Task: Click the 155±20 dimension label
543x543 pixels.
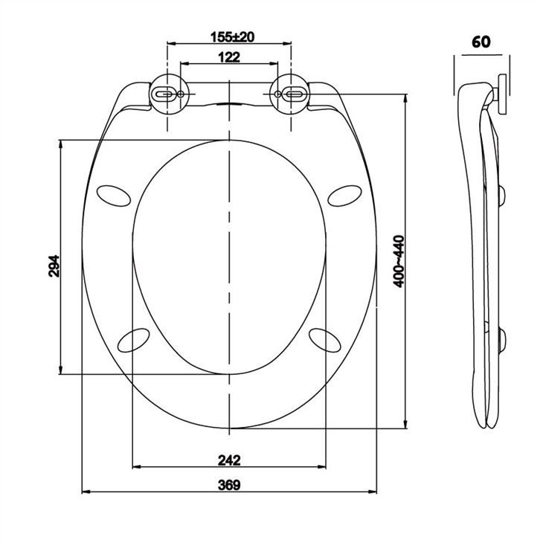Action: tap(228, 37)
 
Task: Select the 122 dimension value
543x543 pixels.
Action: tap(228, 57)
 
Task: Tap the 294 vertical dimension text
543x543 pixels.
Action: tap(53, 266)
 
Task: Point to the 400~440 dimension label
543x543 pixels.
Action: tap(399, 261)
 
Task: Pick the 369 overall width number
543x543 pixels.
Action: tap(228, 484)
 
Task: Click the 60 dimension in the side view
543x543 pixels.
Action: tap(481, 42)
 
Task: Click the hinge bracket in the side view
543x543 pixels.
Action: tap(501, 93)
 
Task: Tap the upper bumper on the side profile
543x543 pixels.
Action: tap(502, 195)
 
